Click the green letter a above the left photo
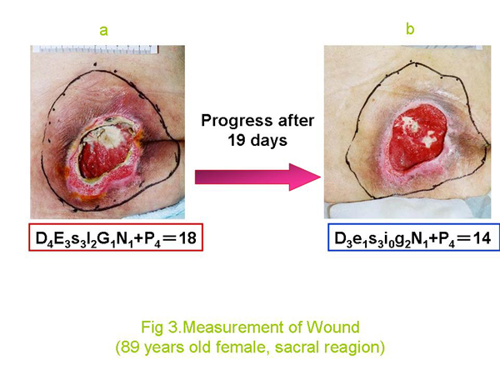[x=103, y=31]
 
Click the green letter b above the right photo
[x=410, y=29]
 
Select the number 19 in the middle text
[x=237, y=140]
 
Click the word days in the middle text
[x=269, y=140]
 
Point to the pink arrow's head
[x=304, y=177]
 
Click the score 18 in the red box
[x=187, y=237]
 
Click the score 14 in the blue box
[x=482, y=238]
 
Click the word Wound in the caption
[x=332, y=327]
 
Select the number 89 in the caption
[x=131, y=347]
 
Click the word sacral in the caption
[x=297, y=347]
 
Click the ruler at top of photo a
[x=95, y=49]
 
